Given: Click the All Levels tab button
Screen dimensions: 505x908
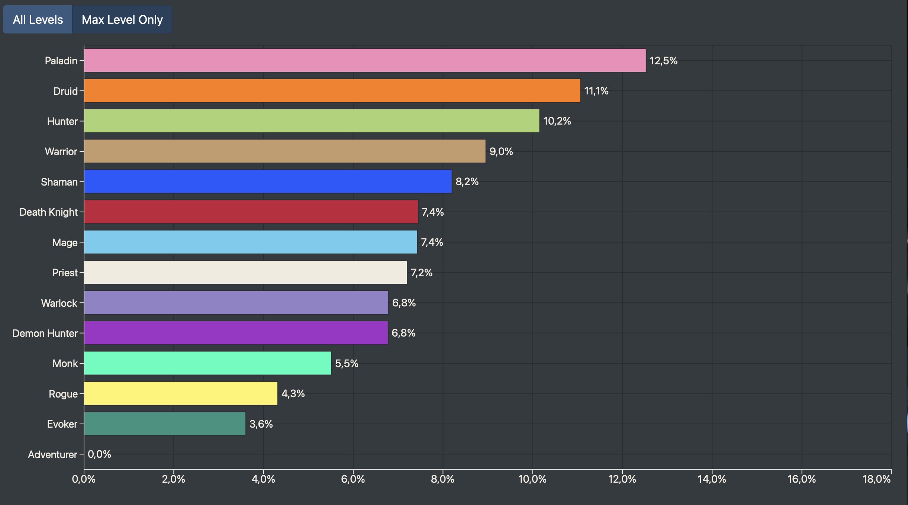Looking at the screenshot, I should pos(38,20).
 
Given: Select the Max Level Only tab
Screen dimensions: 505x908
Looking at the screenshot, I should pos(122,20).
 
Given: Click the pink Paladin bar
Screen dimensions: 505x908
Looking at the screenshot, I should pos(364,60).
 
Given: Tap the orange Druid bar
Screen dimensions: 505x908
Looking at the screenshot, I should pos(332,91).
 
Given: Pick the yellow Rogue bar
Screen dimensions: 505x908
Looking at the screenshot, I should pos(181,393).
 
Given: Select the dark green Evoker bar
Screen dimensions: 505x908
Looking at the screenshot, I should pos(165,424).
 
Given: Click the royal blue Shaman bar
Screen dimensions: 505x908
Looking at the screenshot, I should pos(268,181).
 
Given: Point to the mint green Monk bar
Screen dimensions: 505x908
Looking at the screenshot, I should pos(207,363).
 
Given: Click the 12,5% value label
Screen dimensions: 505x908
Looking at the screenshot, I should pos(663,61).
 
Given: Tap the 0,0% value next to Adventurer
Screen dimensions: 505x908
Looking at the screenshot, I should pos(99,454).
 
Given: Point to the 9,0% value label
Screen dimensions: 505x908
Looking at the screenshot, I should pos(501,151).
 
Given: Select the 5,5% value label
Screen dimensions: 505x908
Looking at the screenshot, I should pos(347,363).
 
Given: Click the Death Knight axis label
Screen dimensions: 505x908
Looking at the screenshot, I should pos(48,212).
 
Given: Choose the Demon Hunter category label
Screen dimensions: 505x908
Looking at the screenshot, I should pos(45,333).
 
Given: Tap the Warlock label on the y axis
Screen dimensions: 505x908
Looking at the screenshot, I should pos(59,303).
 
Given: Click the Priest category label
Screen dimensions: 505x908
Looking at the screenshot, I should pos(65,273).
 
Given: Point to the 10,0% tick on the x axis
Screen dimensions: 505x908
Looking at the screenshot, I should pos(532,479).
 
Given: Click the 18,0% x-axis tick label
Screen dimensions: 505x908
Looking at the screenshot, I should pos(877,479).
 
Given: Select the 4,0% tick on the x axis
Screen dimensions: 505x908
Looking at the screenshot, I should pos(263,479).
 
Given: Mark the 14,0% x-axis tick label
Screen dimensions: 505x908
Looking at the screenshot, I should pos(712,479).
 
